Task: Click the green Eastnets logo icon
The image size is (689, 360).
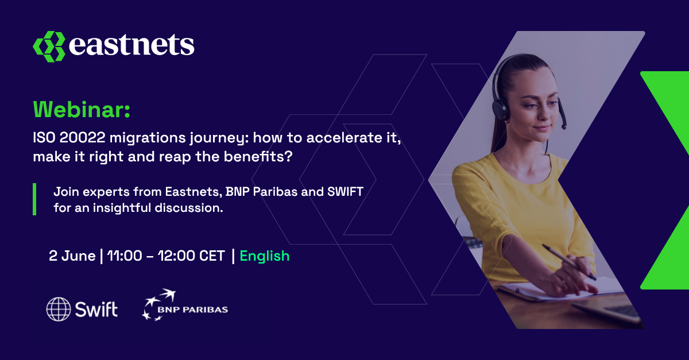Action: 49,47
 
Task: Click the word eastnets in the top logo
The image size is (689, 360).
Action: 131,45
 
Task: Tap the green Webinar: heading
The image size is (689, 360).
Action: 82,109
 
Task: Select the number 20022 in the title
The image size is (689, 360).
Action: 83,137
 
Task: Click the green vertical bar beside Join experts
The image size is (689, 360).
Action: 34,199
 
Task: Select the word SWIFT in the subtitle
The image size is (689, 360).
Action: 345,192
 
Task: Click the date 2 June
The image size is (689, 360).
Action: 72,256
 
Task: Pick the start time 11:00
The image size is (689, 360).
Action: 125,256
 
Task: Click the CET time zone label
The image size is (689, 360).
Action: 212,256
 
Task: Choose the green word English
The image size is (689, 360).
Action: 265,256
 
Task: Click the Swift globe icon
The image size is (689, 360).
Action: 59,309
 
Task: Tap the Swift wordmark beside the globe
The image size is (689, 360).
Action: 96,309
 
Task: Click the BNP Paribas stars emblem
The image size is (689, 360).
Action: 158,305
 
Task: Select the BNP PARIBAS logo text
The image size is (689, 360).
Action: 193,309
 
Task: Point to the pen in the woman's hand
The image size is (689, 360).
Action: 569,262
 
